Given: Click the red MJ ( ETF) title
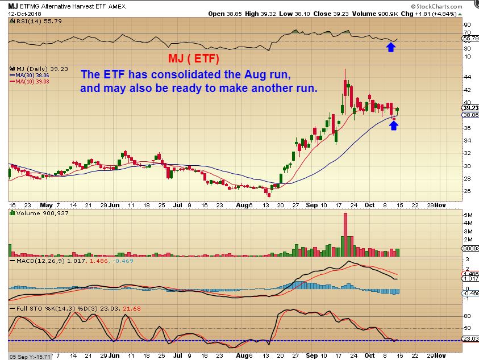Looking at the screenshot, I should (193, 58).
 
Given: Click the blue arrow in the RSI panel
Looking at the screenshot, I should (391, 47).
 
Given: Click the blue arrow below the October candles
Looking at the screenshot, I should (394, 125).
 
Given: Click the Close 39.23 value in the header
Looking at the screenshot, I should (327, 13).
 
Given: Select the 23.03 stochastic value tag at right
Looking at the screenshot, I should (470, 339).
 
